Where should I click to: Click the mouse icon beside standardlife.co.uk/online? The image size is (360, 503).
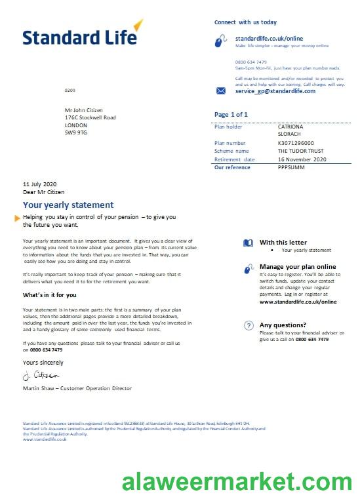(x=221, y=42)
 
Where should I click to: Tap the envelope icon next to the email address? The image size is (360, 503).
(x=221, y=91)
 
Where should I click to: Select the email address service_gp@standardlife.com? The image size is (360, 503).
(x=275, y=91)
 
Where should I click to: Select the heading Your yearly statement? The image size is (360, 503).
(x=68, y=205)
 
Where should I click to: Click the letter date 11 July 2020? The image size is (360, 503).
(x=40, y=184)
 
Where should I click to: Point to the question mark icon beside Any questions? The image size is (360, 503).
(x=249, y=325)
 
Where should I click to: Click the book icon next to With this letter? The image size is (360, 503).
(x=248, y=243)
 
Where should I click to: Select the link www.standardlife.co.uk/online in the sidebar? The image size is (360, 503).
(x=298, y=302)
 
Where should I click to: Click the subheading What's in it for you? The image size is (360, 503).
(x=49, y=295)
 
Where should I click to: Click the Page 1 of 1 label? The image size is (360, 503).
(x=231, y=115)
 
